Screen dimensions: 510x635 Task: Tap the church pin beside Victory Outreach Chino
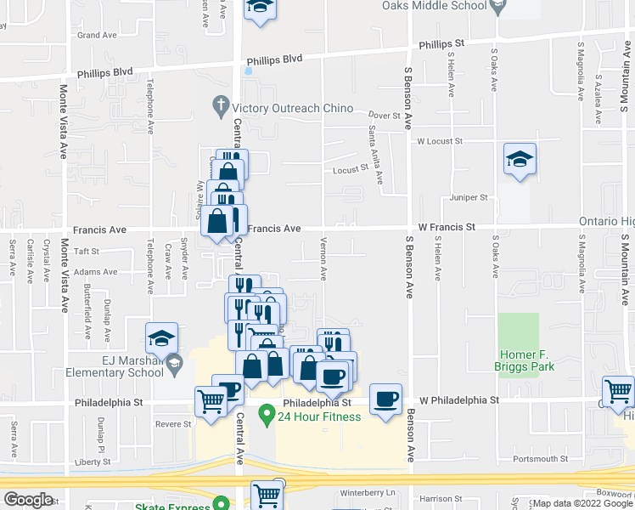coord(220,107)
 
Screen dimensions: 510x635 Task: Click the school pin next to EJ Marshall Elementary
coord(174,365)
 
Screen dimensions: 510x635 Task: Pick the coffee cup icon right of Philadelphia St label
coord(386,398)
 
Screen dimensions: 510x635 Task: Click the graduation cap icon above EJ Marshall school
coord(161,339)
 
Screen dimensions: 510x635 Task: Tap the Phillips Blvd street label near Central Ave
coord(274,60)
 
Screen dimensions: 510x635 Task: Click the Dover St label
coord(384,115)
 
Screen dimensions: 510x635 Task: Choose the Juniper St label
coord(469,197)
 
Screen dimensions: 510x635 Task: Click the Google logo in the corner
coord(28,500)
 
